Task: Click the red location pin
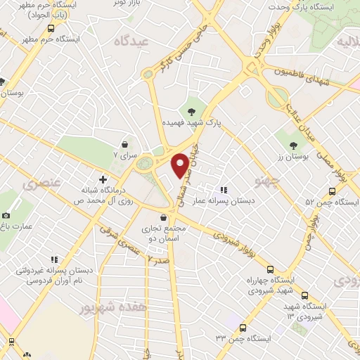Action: click(180, 165)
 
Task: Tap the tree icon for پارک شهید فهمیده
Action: click(191, 110)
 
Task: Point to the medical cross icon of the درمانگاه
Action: click(103, 180)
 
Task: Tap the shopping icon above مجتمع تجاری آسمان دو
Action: click(163, 219)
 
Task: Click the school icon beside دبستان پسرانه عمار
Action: click(224, 190)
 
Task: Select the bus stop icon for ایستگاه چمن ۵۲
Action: click(332, 191)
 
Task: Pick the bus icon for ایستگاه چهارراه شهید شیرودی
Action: click(271, 269)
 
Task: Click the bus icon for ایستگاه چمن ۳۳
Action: click(243, 328)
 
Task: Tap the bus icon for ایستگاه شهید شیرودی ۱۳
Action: click(304, 296)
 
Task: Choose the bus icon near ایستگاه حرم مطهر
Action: click(51, 29)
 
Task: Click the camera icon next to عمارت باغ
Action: click(6, 215)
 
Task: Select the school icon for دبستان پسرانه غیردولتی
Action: click(18, 269)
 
